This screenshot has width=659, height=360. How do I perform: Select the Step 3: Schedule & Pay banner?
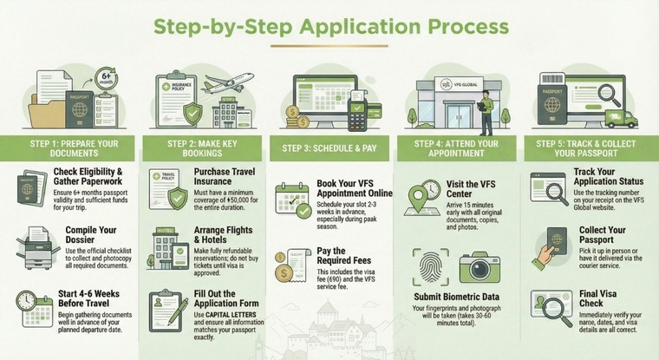pos(330,147)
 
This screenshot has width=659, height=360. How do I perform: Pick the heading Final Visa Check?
pos(601,298)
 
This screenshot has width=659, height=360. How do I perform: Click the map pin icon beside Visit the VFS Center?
pos(424,193)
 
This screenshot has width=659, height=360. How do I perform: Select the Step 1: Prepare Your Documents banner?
pos(70,147)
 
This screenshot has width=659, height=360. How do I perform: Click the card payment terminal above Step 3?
pos(355,113)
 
